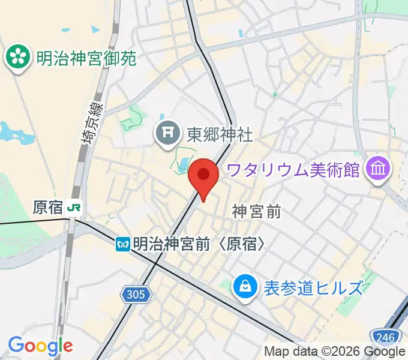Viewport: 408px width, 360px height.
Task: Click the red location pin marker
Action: pos(203,176)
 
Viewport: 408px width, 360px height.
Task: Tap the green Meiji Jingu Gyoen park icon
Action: pos(17,58)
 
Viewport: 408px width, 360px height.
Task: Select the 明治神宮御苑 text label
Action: pos(86,58)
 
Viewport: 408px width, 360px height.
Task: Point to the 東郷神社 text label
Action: pos(220,133)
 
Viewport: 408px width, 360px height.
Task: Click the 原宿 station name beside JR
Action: pos(49,208)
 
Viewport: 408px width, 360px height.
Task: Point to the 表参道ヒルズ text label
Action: pos(313,288)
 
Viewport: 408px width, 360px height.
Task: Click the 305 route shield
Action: pos(136,294)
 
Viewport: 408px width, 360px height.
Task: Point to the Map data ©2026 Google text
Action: pos(334,352)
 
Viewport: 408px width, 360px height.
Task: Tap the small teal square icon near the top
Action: pos(242,33)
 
